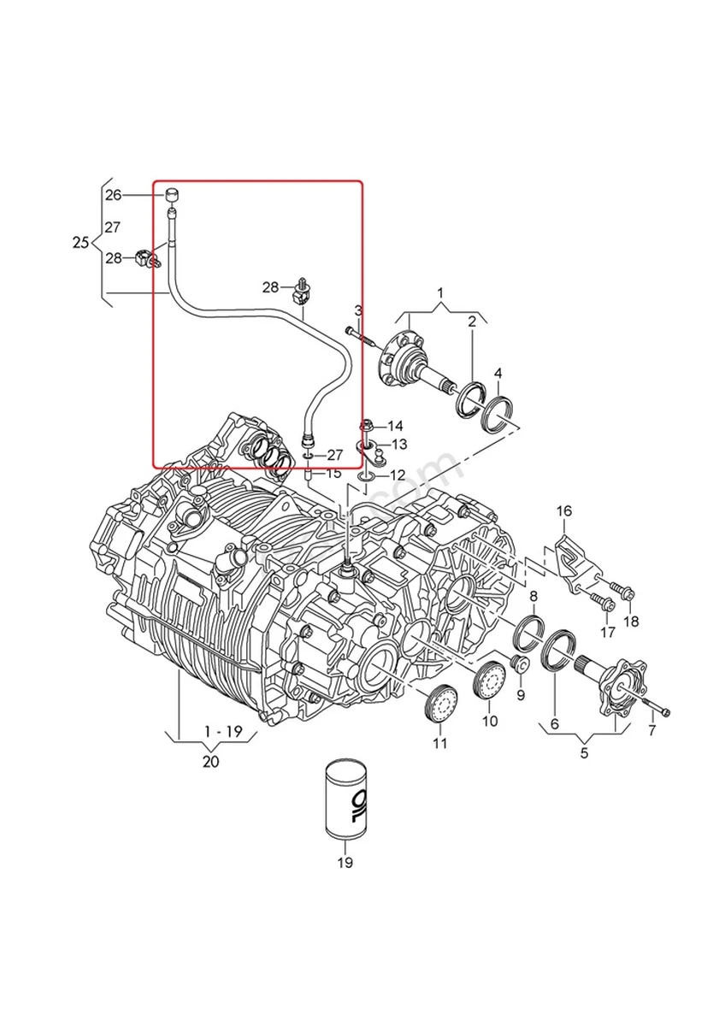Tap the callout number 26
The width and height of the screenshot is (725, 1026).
click(x=114, y=195)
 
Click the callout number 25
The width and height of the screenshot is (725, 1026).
click(x=80, y=243)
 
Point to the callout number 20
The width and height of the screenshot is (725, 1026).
click(x=210, y=761)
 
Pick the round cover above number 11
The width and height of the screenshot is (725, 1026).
click(x=440, y=703)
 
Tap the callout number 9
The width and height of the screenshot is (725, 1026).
click(x=520, y=694)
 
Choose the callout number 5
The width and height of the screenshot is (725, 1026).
click(x=586, y=753)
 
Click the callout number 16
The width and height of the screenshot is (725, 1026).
click(x=564, y=511)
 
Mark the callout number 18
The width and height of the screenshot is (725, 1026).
click(x=631, y=622)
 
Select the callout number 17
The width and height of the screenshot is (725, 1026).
click(x=607, y=633)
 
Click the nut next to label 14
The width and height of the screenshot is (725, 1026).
click(x=366, y=425)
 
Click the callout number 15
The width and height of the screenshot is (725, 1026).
click(x=333, y=473)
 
